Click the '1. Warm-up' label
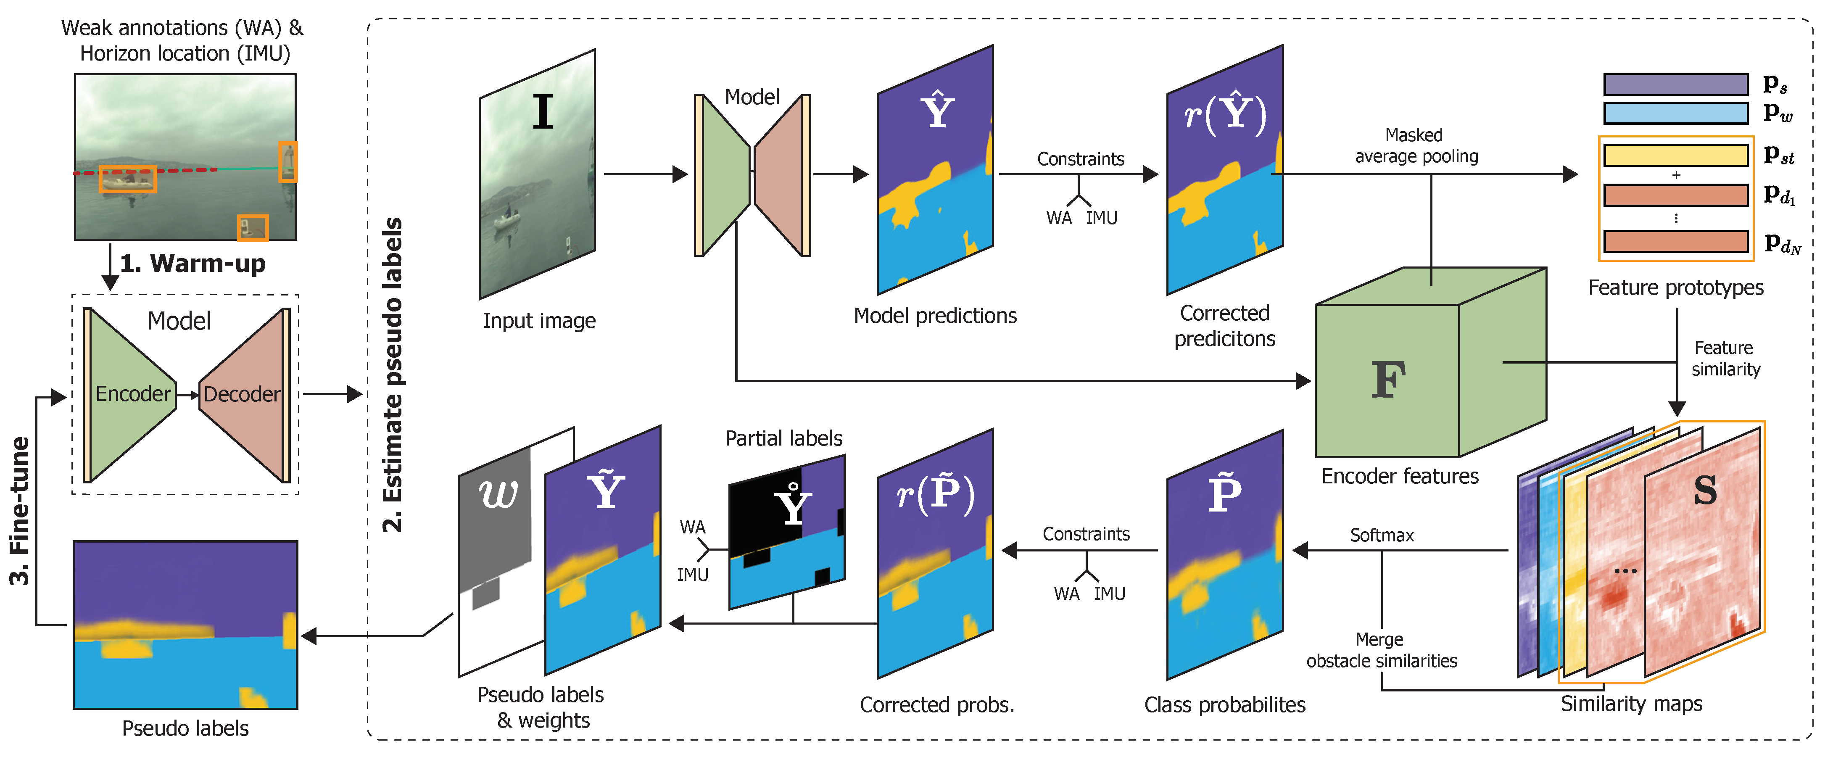click(193, 263)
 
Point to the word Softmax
click(1382, 535)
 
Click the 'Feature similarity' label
click(1725, 358)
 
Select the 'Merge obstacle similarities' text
click(1382, 650)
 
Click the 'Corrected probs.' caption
click(936, 704)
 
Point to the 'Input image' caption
click(539, 320)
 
